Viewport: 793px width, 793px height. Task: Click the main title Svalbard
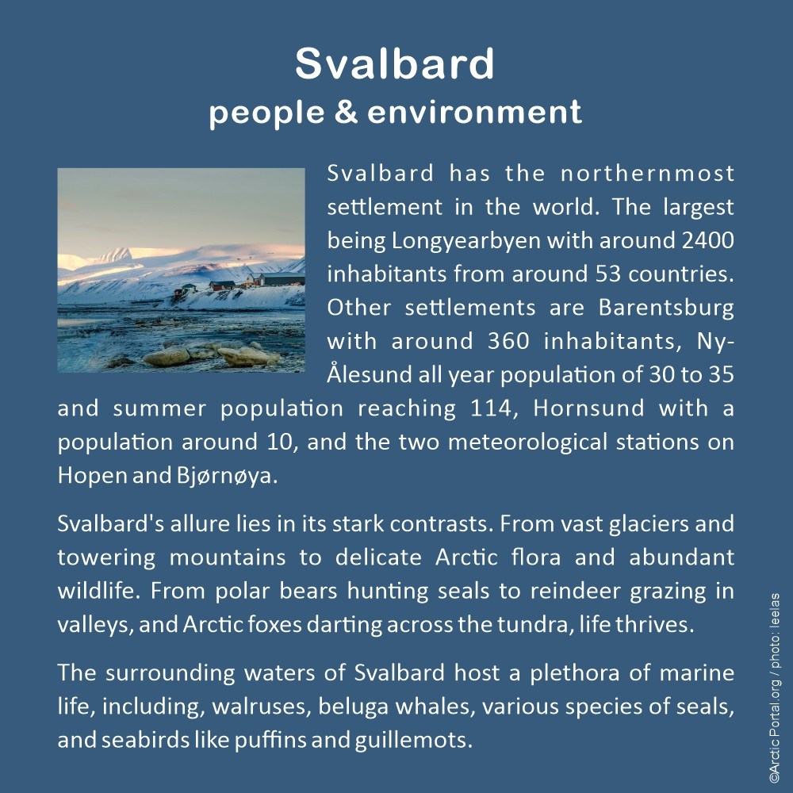395,63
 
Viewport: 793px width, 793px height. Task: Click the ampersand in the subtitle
346,112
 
